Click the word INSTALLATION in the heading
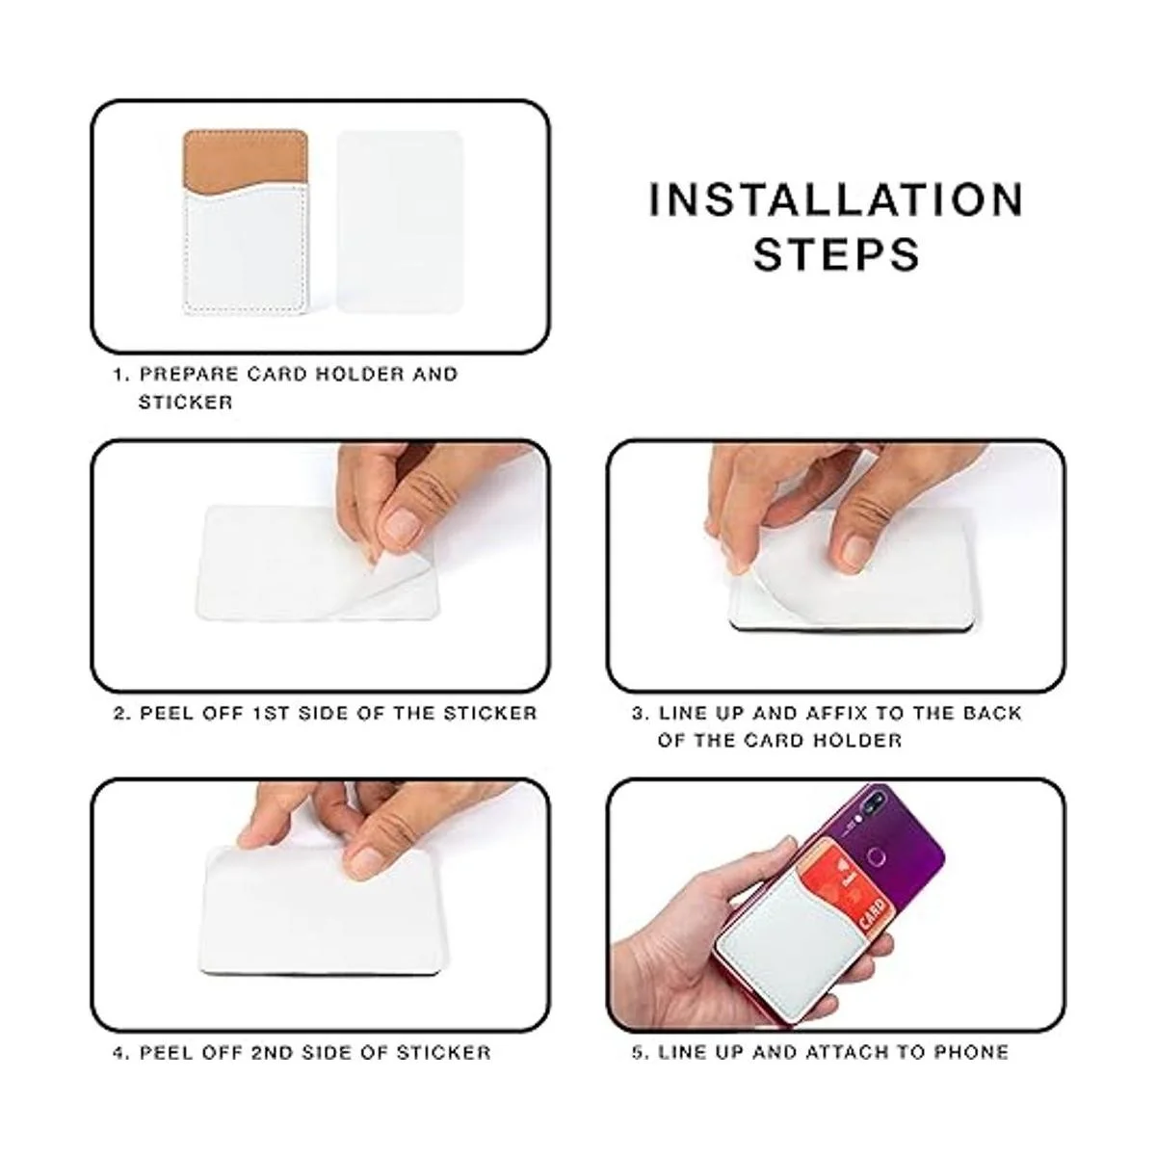point(836,199)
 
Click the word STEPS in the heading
point(836,254)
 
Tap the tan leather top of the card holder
point(246,160)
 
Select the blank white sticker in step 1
point(400,221)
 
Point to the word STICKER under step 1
point(185,402)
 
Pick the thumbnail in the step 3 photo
point(857,549)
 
